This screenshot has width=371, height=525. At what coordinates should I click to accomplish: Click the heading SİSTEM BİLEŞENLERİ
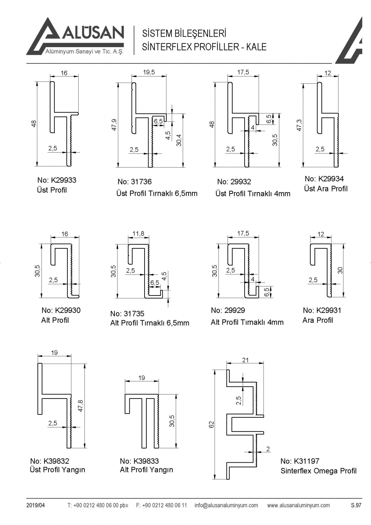point(184,34)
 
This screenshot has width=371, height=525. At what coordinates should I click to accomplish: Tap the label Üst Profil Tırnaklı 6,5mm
point(157,193)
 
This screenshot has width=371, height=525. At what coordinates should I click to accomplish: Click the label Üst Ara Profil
point(325,189)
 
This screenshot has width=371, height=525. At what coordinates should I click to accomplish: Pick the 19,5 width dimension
point(149,72)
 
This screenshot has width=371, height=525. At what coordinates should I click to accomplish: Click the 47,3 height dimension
point(299,125)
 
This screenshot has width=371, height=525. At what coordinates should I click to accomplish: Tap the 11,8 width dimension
point(138,233)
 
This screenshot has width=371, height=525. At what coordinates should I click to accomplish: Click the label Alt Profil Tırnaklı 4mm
point(247,322)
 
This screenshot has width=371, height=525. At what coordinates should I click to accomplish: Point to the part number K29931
point(322,310)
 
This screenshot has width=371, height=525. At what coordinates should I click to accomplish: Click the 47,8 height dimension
point(80,405)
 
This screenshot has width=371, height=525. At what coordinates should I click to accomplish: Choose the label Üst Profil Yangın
point(57,470)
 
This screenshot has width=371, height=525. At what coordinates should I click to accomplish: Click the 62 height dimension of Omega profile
point(212,424)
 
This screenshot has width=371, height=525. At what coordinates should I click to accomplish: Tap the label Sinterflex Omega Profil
point(318,471)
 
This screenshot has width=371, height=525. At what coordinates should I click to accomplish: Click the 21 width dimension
point(245,360)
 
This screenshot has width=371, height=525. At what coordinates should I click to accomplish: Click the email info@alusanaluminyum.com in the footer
point(226,505)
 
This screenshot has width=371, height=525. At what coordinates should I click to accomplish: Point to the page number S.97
point(356,505)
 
